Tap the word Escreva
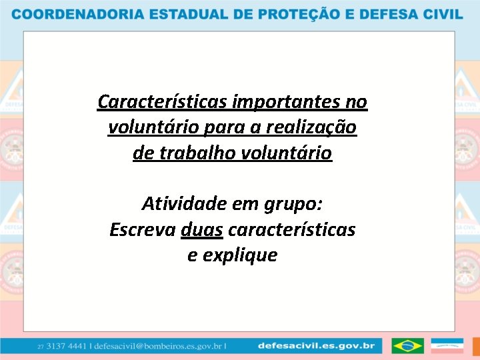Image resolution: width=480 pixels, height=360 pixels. (143, 229)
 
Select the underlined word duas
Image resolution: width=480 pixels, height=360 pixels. (202, 229)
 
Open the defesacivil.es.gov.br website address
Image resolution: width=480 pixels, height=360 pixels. (316, 346)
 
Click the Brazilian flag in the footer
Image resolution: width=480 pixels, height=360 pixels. (407, 346)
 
